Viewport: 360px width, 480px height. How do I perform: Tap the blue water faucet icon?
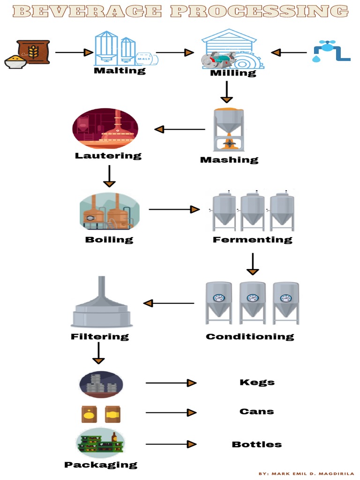pyautogui.click(x=330, y=51)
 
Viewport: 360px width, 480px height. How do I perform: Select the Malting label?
pyautogui.click(x=120, y=71)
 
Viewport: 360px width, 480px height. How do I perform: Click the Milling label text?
pyautogui.click(x=233, y=73)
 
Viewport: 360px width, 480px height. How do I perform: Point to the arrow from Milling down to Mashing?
pyautogui.click(x=227, y=92)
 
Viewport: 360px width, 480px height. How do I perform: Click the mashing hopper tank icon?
pyautogui.click(x=228, y=129)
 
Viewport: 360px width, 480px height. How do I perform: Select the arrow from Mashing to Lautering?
pyautogui.click(x=180, y=129)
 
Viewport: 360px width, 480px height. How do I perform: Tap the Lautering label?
pyautogui.click(x=108, y=155)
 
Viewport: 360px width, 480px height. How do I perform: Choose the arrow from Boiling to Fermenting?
pyautogui.click(x=174, y=210)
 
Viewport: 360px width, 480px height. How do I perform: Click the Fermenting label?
pyautogui.click(x=252, y=240)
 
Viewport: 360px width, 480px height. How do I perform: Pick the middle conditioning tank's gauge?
pyautogui.click(x=253, y=298)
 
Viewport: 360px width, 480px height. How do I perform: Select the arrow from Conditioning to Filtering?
pyautogui.click(x=169, y=303)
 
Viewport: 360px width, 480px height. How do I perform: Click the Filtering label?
pyautogui.click(x=100, y=337)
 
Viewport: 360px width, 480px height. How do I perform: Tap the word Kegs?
pyautogui.click(x=257, y=382)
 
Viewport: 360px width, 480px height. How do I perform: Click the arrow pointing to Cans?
pyautogui.click(x=171, y=412)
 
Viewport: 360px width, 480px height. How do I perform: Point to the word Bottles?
pyautogui.click(x=257, y=444)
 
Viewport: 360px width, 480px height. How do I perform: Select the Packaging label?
pyautogui.click(x=101, y=465)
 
